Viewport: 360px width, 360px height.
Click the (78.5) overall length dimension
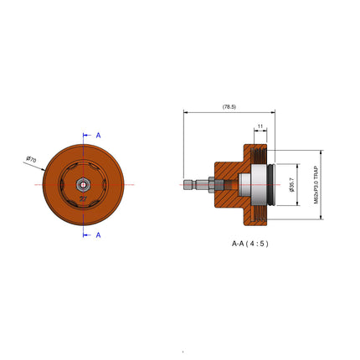228,107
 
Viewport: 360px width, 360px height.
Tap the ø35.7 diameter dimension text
291,184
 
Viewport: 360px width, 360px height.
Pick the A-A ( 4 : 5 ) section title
250,244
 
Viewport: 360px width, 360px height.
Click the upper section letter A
98,135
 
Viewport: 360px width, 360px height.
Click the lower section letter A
98,235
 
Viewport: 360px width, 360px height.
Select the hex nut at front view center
84,184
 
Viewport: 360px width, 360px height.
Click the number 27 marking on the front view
82,198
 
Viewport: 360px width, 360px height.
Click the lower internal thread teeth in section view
265,217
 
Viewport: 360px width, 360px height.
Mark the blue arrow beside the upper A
87,135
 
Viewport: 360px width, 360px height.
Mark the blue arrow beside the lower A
87,235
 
